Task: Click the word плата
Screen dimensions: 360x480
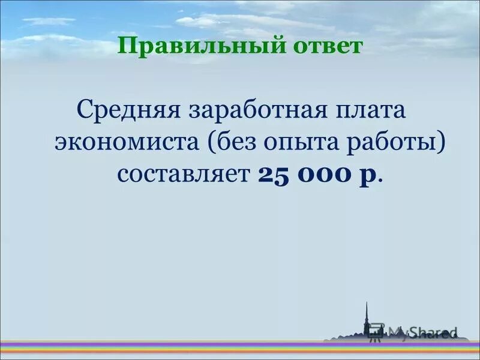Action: click(370, 111)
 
